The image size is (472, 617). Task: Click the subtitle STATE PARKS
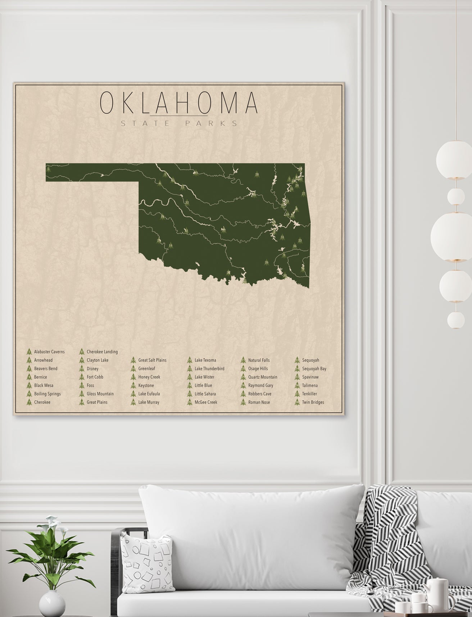pos(179,123)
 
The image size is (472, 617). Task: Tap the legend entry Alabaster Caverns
pos(49,351)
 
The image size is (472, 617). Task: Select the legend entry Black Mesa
pos(44,385)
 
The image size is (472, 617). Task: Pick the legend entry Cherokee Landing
pos(102,351)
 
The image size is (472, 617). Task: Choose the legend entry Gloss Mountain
pos(100,394)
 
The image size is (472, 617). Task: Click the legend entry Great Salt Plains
pos(152,360)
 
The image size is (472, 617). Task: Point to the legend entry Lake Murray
pos(149,402)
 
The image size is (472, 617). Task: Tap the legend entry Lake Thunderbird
pos(209,368)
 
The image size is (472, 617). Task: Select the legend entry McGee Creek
pos(206,402)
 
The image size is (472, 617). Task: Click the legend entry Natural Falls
pos(259,360)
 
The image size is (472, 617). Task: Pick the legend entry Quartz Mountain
pos(263,377)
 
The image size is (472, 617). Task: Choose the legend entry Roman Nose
pos(259,402)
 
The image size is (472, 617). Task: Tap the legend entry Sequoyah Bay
pos(314,368)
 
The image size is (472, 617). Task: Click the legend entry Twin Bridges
pos(313,402)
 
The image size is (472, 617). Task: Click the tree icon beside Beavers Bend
pos(29,368)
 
